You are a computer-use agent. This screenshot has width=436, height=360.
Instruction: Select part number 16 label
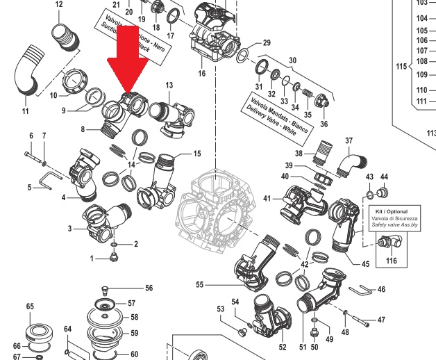[201, 74]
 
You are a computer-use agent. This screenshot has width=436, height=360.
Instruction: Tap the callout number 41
[267, 199]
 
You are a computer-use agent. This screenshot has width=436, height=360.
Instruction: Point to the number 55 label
[200, 284]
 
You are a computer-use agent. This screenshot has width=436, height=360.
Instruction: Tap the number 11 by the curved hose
[25, 111]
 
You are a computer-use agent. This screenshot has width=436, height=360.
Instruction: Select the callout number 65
[30, 306]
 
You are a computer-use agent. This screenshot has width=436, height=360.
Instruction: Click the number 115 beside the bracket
[400, 67]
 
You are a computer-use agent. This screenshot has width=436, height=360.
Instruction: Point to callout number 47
[380, 320]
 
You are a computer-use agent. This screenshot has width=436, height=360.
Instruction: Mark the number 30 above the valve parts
[292, 60]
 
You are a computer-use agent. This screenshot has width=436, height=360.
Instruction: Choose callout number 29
[266, 43]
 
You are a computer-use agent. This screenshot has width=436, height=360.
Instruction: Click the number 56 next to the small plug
[149, 288]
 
